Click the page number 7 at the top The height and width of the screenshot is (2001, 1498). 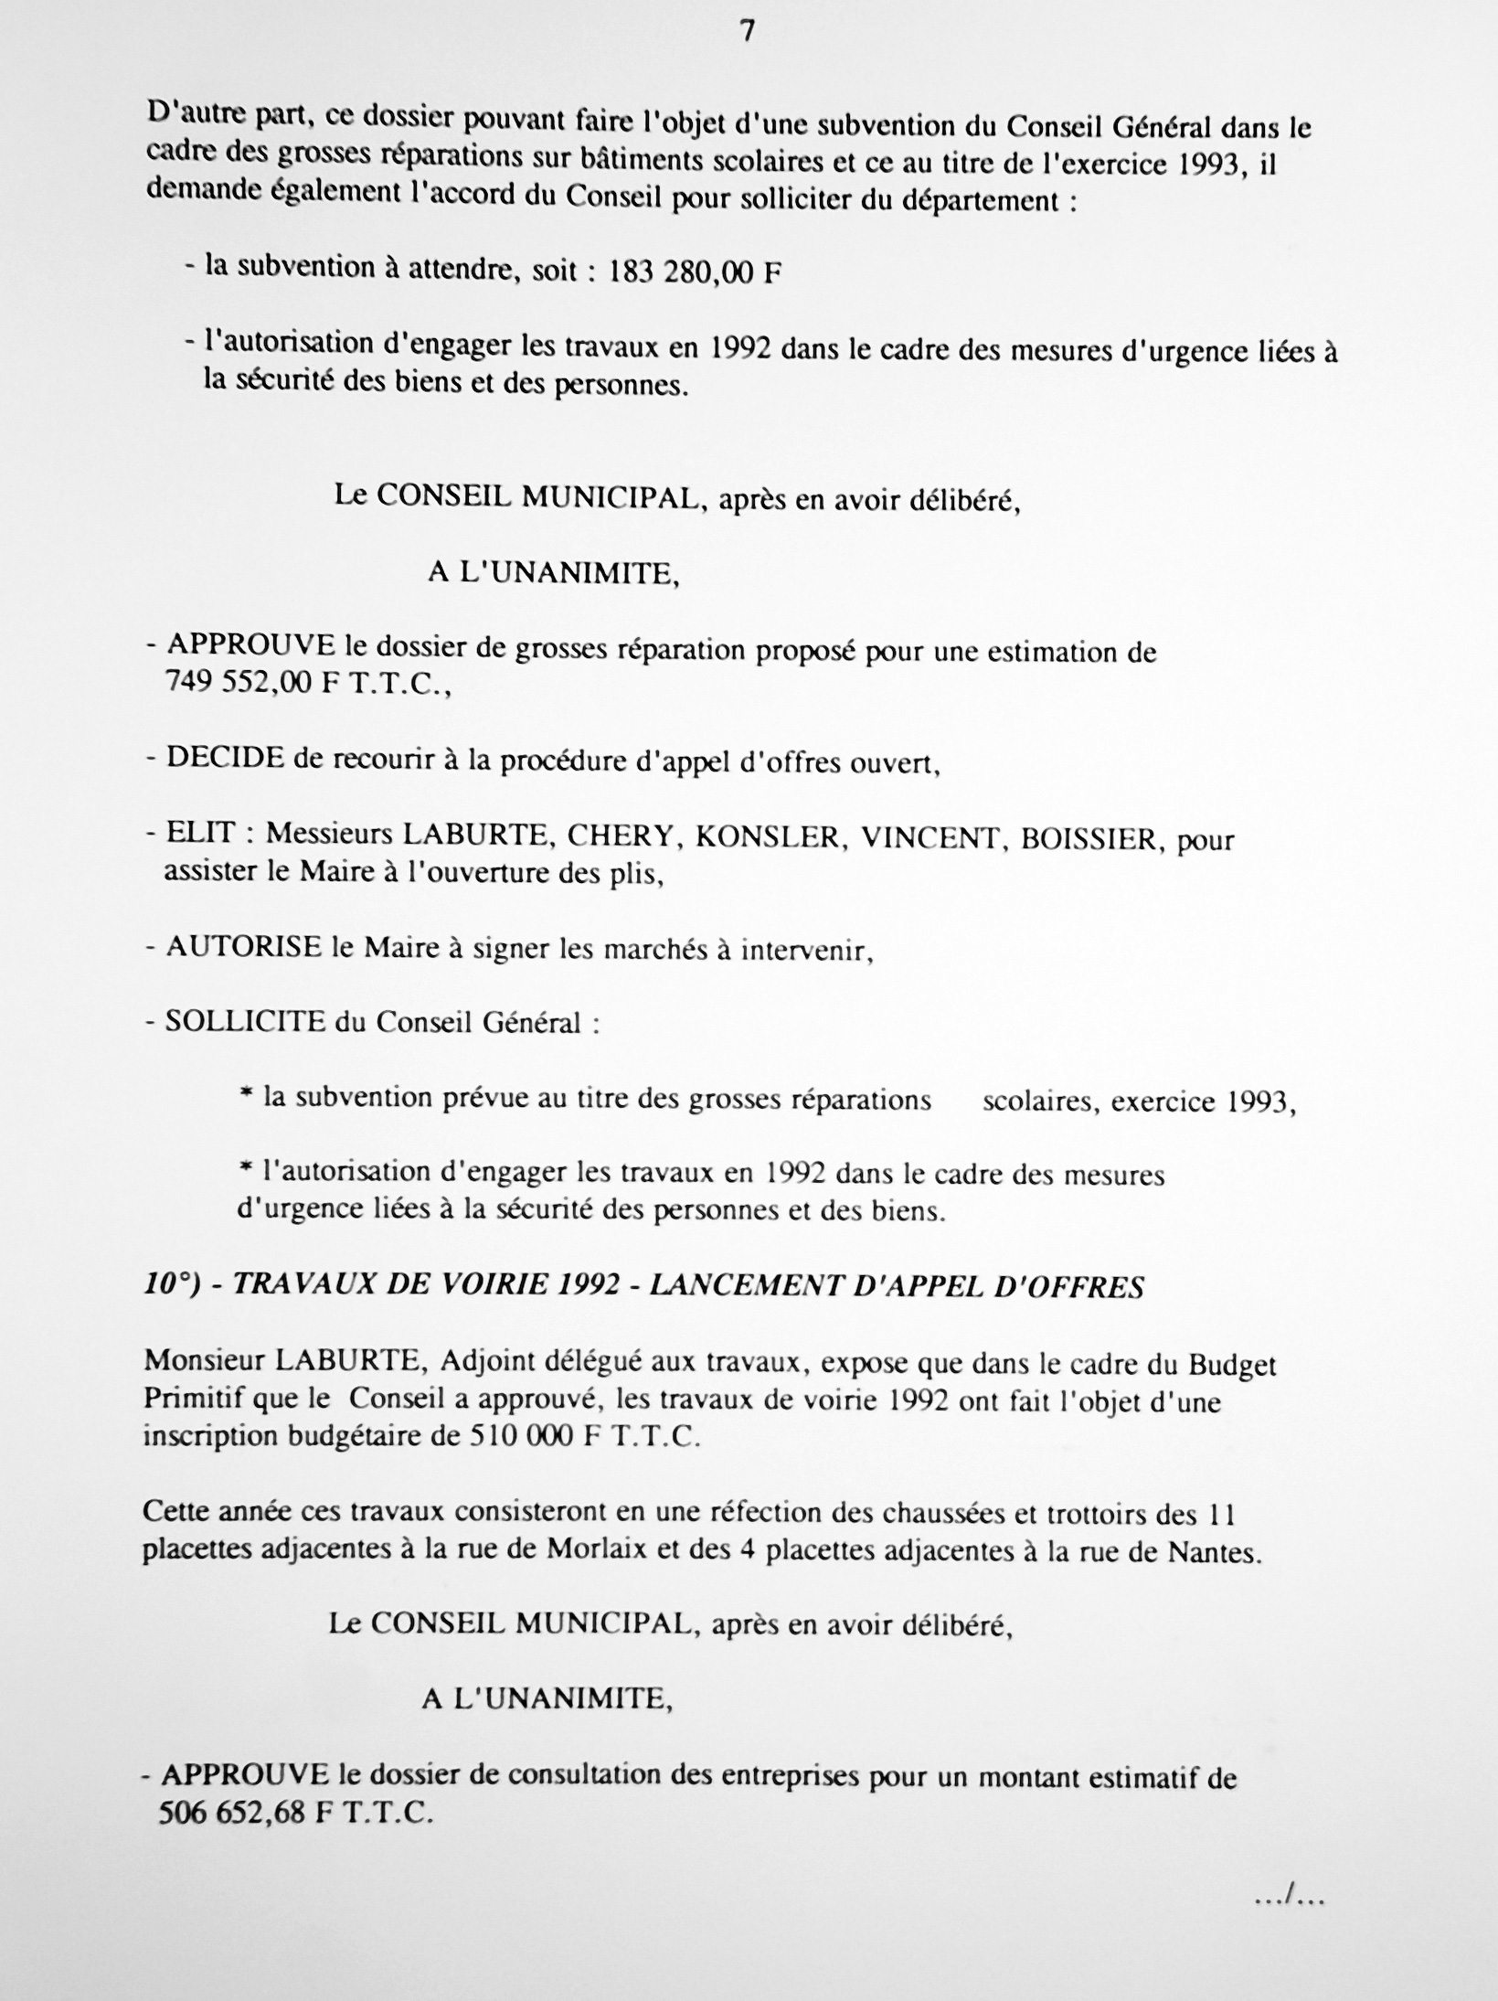coord(749,32)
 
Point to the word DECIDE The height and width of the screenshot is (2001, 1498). coord(225,760)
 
